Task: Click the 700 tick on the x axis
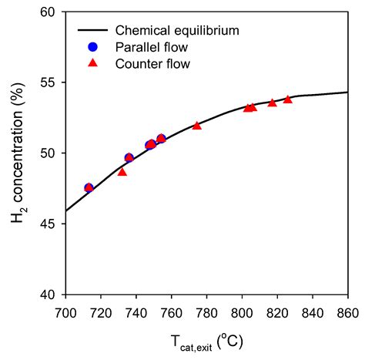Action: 66,313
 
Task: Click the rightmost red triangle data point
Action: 288,99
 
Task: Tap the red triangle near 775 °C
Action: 197,125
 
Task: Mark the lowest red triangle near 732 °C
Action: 122,172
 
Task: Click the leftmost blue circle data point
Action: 89,188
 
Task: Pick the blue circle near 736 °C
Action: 129,158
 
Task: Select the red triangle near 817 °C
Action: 272,103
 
